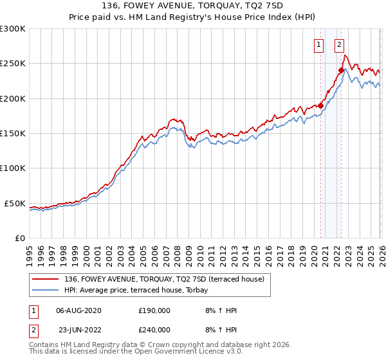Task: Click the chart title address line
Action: [x=192, y=7]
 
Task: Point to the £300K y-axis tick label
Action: [x=12, y=29]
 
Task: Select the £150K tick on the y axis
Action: [x=12, y=134]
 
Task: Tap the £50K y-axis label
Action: [x=14, y=203]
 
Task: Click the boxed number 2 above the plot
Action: [x=339, y=45]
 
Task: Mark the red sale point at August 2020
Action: [x=320, y=105]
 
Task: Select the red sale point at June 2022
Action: [x=341, y=71]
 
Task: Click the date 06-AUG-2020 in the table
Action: [x=78, y=310]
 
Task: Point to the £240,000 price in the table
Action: [x=154, y=329]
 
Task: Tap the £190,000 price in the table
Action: [x=154, y=310]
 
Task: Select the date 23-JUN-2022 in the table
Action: [x=78, y=329]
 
